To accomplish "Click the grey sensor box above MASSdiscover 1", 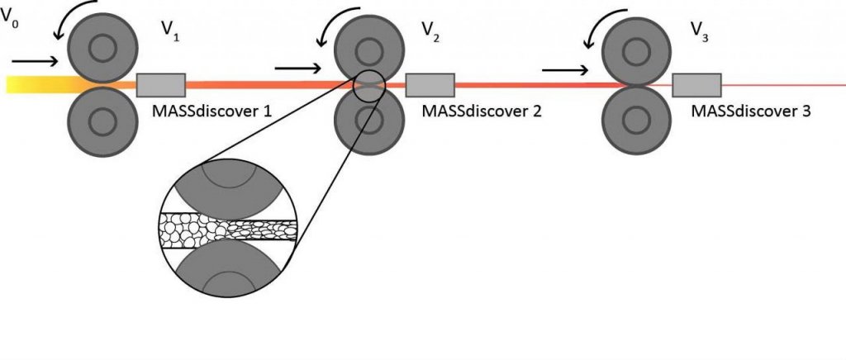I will coord(160,85).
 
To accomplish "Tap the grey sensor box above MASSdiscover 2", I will coord(430,85).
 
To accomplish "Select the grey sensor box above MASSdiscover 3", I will coord(696,85).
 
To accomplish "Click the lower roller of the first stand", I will coord(102,120).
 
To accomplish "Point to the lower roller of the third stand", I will coord(636,120).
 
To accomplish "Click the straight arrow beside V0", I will coord(35,60).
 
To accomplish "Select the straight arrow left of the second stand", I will coord(300,68).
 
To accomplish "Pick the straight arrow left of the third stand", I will coord(567,70).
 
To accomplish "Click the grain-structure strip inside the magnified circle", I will coord(226,225).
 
